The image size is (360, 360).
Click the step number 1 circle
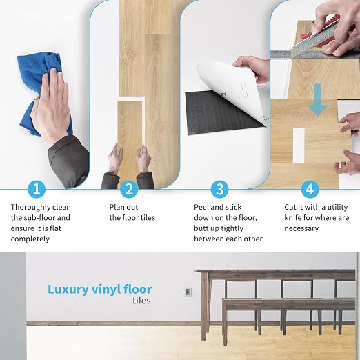point(37,189)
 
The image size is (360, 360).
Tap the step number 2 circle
point(129,189)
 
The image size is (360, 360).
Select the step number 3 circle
point(220,189)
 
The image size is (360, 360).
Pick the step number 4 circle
point(310,189)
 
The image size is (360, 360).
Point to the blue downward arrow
point(318,100)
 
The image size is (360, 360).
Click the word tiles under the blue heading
point(141,300)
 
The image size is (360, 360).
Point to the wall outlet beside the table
point(188,292)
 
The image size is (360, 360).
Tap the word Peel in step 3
point(201,207)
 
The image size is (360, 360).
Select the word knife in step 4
point(292,218)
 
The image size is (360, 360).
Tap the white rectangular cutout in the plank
point(299,146)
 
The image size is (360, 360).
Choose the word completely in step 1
point(30,239)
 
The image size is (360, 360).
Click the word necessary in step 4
point(301,228)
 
